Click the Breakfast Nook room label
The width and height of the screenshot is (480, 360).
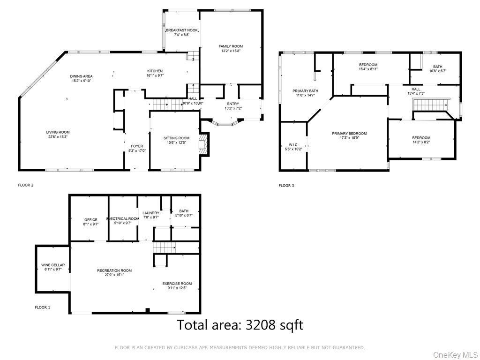[x=181, y=30]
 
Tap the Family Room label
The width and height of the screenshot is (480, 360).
[x=231, y=46]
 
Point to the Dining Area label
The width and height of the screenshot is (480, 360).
[x=82, y=76]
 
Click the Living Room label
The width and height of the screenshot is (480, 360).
[x=58, y=132]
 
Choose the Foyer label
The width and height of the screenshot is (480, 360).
[x=136, y=146]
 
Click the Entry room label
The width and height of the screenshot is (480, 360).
[x=233, y=104]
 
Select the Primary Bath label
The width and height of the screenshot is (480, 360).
[x=306, y=90]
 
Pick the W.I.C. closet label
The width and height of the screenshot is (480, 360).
[x=293, y=144]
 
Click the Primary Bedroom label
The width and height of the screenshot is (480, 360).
[x=349, y=134]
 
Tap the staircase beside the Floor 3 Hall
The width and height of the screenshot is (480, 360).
[x=430, y=105]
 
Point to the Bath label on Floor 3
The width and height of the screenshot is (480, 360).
[x=437, y=67]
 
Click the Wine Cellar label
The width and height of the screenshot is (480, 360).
[x=53, y=265]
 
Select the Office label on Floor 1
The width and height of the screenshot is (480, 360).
[x=90, y=219]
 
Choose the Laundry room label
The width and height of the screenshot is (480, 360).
[x=151, y=213]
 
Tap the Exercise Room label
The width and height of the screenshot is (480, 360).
[x=177, y=284]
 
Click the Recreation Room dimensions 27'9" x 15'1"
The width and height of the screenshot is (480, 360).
[x=114, y=275]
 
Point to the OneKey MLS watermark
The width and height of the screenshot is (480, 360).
[x=454, y=354]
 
